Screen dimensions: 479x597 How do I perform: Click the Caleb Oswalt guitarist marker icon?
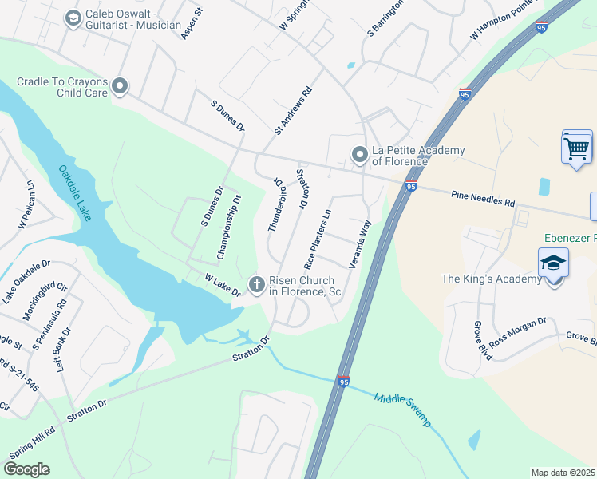(73, 18)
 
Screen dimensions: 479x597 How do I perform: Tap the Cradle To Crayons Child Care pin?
(121, 85)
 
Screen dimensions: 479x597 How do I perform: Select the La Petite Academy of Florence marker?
(360, 153)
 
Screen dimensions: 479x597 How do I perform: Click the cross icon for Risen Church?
(257, 283)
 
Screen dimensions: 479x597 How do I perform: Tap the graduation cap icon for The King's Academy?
(553, 263)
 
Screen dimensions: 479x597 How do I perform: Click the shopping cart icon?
(576, 148)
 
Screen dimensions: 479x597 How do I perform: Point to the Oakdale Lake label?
(75, 192)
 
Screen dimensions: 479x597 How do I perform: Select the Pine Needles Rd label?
(483, 198)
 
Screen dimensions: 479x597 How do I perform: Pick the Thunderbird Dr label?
(277, 205)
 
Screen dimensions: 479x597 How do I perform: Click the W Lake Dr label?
(223, 285)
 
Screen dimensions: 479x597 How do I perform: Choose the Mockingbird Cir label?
(45, 300)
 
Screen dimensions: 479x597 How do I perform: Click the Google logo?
(26, 469)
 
